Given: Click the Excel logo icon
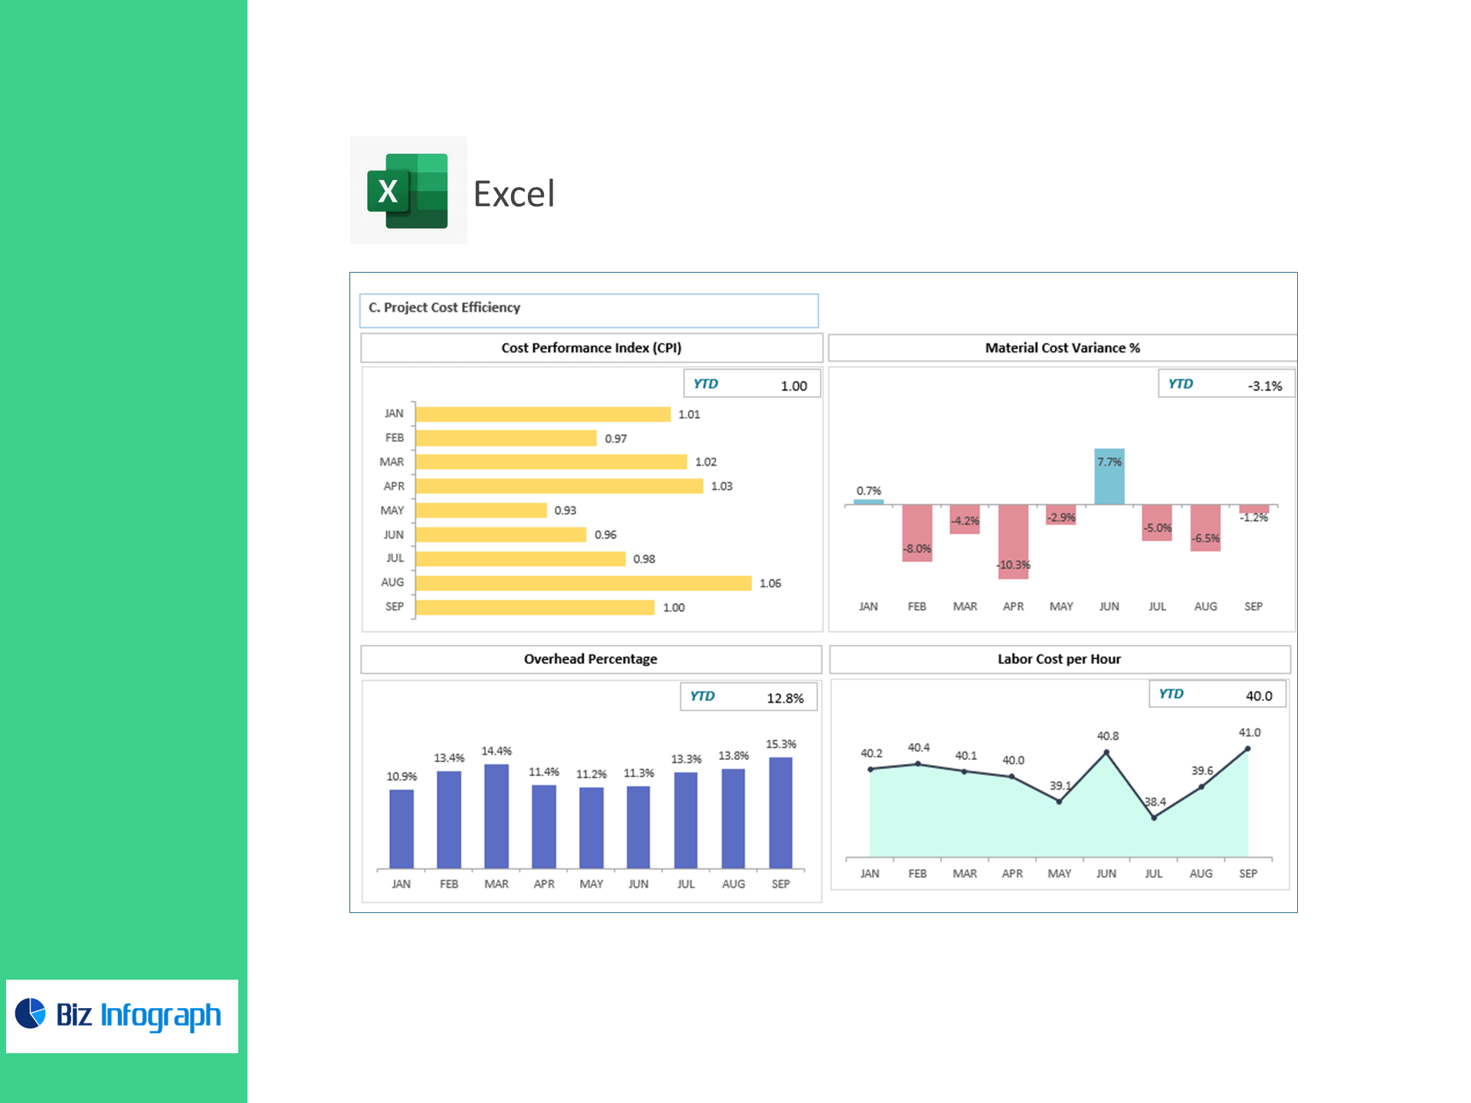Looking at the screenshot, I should pos(408,191).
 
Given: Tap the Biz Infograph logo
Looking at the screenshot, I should pos(121,1015).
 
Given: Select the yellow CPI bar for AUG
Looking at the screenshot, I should pos(583,583).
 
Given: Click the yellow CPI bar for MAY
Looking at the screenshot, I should pos(481,510).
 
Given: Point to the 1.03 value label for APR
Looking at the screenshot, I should pos(721,486).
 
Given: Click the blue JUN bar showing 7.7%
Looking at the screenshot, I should pos(1109,476).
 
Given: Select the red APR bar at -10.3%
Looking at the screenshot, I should pos(1013,541).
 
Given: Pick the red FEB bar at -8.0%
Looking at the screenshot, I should pos(917,532).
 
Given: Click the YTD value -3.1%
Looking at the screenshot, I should pos(1264,386).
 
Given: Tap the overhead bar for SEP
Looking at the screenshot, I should pos(781,812).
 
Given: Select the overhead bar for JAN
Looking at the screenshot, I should pos(401,829).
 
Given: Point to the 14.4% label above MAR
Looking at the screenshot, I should pos(496,751).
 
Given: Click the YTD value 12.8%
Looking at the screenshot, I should pos(785,699).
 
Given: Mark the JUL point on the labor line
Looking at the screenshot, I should pos(1154,817).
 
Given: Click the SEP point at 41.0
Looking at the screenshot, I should pos(1248,749).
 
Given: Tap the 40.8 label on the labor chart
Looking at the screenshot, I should pos(1108,736).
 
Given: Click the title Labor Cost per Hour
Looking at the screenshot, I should pos(1059,659).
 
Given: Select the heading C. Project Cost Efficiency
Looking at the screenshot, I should pos(444,307).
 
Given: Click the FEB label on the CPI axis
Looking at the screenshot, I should pos(394,438).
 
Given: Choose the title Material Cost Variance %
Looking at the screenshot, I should pos(1062,348).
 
